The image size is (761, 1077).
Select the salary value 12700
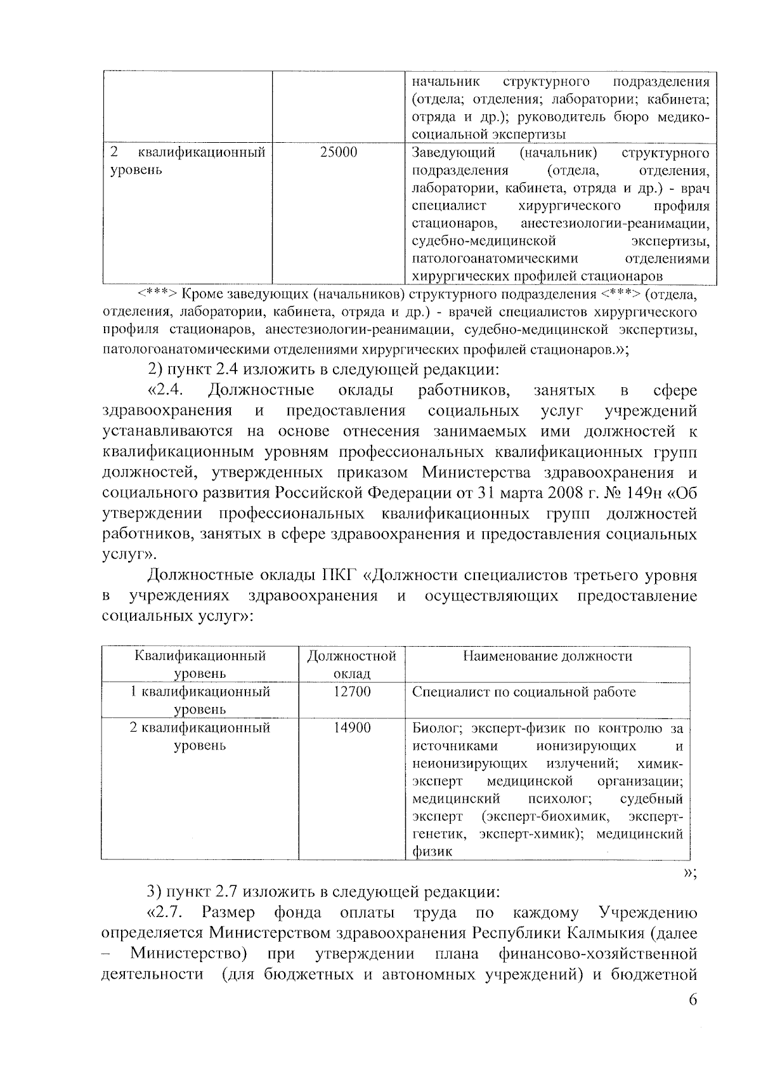(x=351, y=692)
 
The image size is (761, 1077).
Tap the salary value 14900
(x=351, y=728)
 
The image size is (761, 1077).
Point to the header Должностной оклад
(x=351, y=664)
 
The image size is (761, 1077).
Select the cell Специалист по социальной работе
(x=523, y=692)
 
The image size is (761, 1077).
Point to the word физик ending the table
(x=432, y=852)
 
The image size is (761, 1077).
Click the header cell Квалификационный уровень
(x=200, y=664)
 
